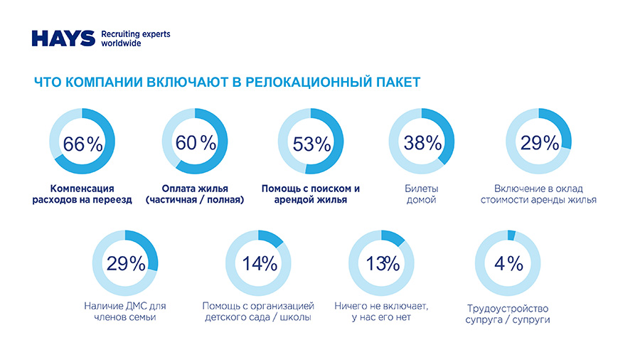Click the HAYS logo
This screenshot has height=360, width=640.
coord(63,38)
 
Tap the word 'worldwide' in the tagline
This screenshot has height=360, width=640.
coord(122,43)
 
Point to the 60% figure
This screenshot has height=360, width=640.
coord(196,142)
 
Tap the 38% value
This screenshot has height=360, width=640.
coord(422,142)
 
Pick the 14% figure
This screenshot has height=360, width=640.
coord(259,263)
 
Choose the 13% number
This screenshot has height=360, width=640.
coord(383,263)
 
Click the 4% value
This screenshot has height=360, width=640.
coord(508,263)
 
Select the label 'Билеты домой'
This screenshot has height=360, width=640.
coord(421,194)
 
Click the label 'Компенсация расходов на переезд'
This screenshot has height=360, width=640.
coord(82,194)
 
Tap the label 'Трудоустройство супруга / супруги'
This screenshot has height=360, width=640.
coord(508,314)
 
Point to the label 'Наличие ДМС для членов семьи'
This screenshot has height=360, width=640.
coord(125,312)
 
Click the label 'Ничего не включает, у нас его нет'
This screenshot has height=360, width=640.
coord(381,312)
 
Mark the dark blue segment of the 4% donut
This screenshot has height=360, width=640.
coord(511,236)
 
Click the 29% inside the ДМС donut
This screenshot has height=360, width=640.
coord(126,263)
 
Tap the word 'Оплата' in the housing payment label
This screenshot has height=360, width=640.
coord(177,189)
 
